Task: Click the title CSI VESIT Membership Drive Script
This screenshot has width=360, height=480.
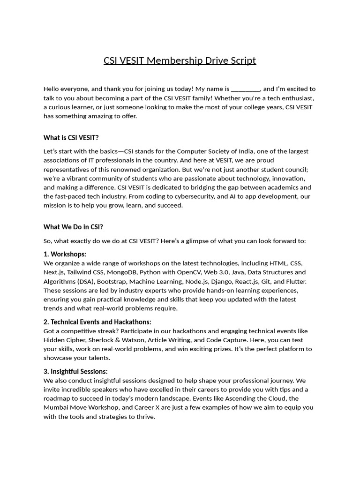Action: coord(180,60)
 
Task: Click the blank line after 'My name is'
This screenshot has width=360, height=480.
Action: coord(246,89)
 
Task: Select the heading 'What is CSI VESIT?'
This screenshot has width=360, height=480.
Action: coord(71,138)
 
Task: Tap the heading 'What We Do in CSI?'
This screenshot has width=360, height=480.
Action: coord(73,227)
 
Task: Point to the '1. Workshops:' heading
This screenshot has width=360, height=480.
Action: coord(65,254)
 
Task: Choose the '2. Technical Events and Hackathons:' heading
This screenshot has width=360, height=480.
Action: coord(97,322)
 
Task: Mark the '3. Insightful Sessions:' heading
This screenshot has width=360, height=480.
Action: coord(75,372)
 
